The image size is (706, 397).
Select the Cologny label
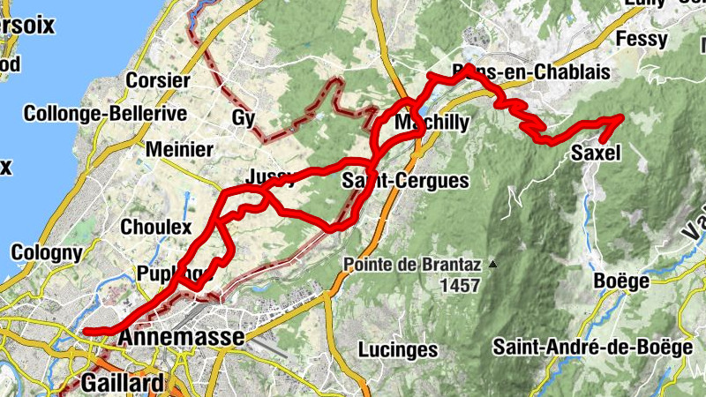(47, 253)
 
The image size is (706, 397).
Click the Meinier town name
(179, 149)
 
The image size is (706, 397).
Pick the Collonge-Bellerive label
(105, 114)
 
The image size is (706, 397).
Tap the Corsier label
(159, 80)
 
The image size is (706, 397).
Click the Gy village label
(244, 117)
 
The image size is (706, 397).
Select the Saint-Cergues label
(404, 181)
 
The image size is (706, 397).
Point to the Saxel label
(597, 154)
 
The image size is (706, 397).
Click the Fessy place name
(642, 40)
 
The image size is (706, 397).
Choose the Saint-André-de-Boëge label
(593, 347)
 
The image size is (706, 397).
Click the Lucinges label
(399, 349)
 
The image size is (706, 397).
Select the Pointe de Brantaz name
(411, 264)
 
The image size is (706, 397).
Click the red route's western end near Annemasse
(86, 332)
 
